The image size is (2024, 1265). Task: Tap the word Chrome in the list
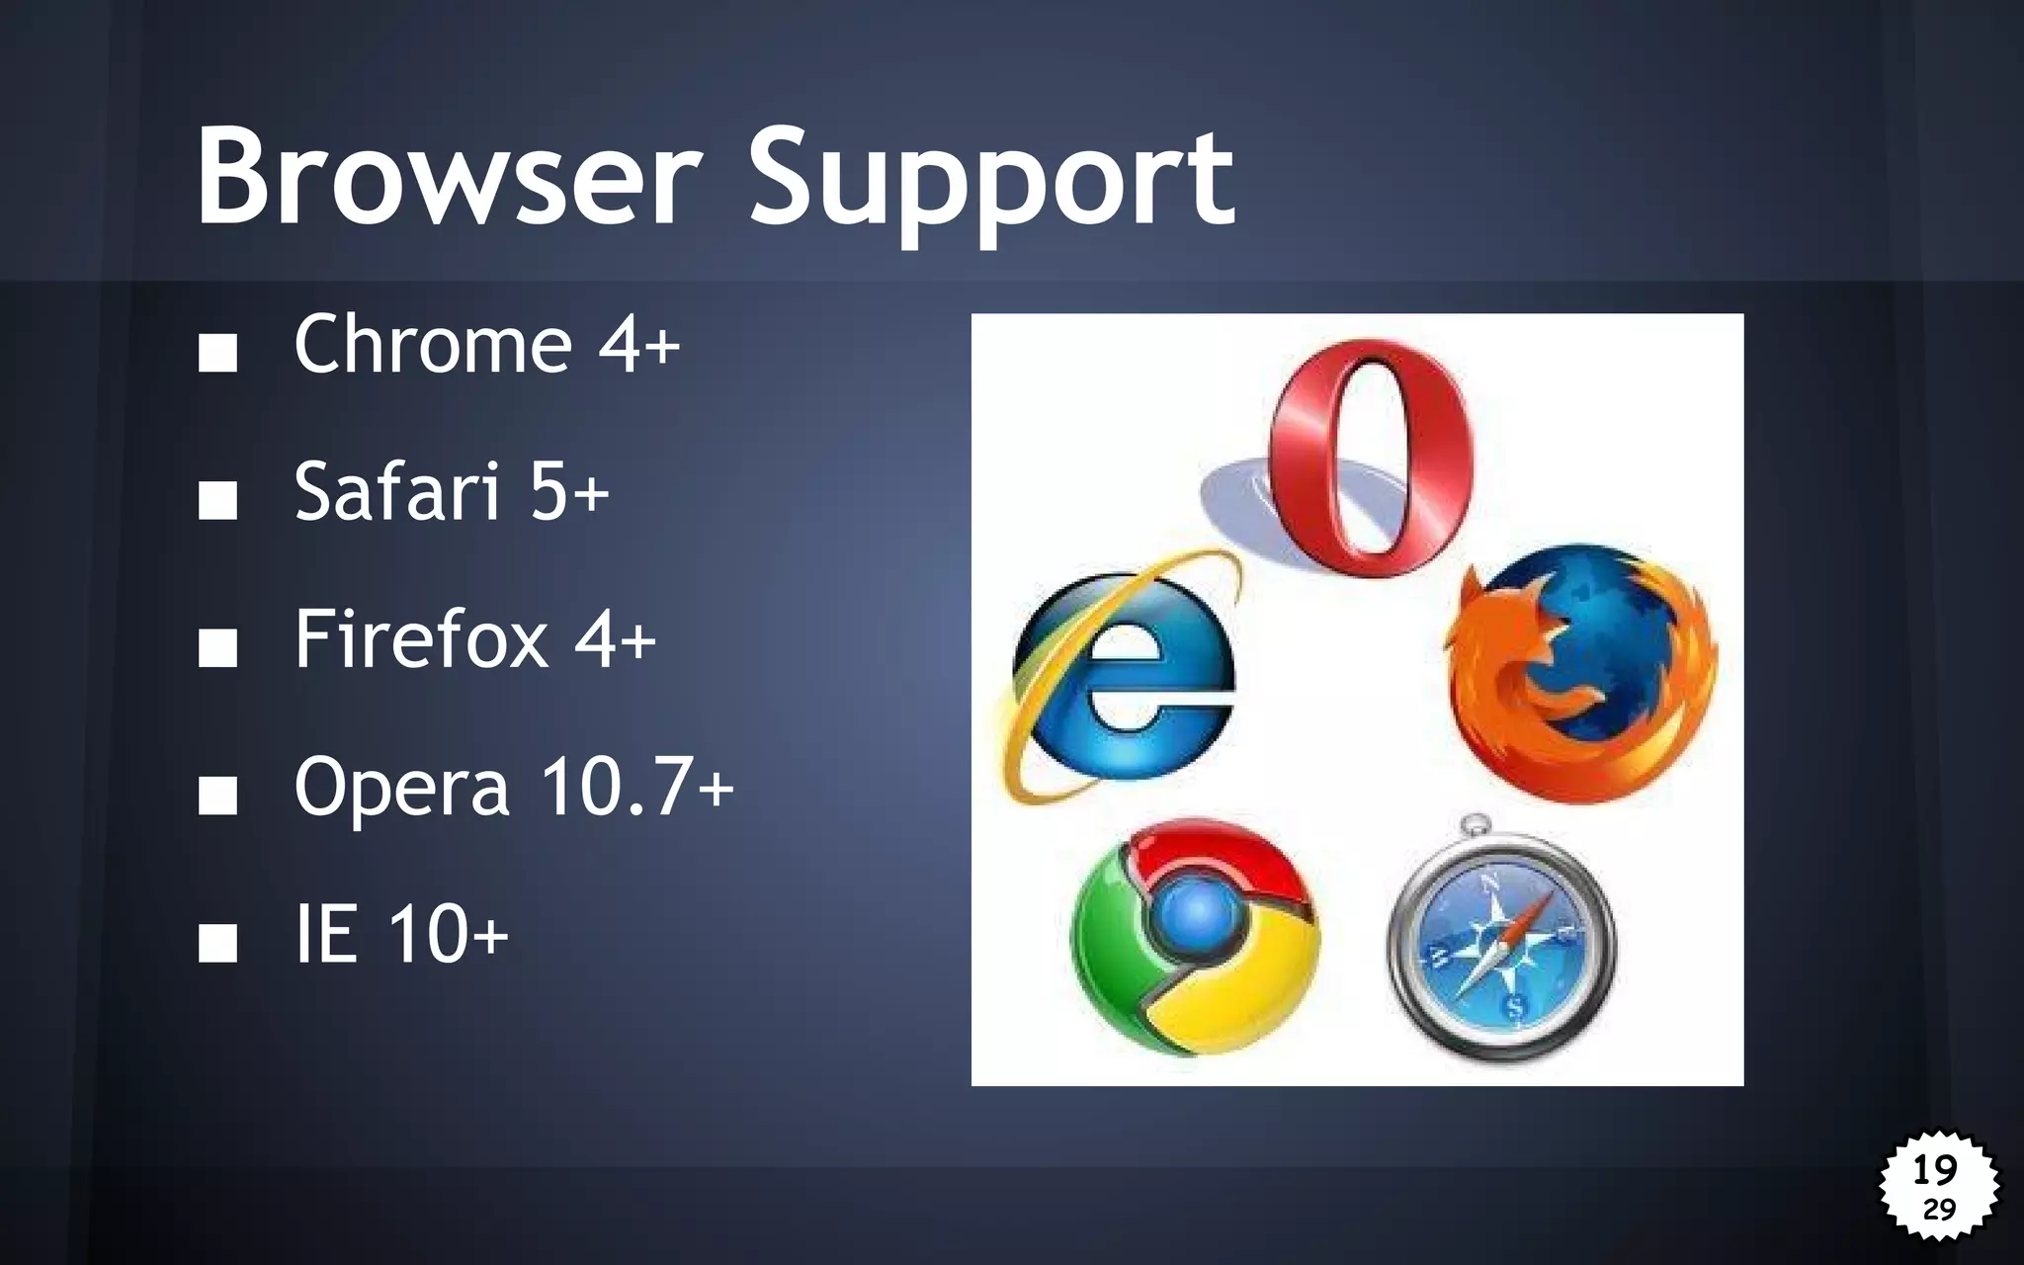pos(433,344)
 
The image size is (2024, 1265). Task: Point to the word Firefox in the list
pos(421,638)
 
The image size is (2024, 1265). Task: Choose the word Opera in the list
pos(401,787)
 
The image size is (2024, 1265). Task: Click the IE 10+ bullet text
pos(401,934)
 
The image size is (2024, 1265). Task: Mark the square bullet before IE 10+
pos(217,942)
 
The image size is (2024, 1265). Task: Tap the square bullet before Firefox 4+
pos(217,647)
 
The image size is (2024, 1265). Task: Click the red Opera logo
pos(1370,457)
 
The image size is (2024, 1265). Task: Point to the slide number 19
pos(1935,1170)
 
